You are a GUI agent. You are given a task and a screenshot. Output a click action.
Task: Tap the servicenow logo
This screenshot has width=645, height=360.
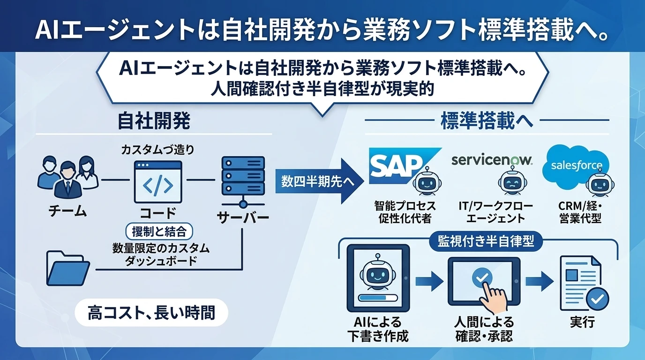[x=492, y=160]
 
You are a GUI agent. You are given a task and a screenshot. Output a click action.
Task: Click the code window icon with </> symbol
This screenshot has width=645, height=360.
[x=157, y=181]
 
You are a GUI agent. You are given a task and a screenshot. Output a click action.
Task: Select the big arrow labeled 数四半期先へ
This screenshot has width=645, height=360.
[x=319, y=181]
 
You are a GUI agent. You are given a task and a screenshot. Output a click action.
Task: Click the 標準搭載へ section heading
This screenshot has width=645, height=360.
[x=487, y=121]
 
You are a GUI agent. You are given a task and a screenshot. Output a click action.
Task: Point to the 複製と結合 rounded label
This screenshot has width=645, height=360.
[x=159, y=232]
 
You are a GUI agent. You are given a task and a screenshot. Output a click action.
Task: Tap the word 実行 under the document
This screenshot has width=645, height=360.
[x=582, y=324]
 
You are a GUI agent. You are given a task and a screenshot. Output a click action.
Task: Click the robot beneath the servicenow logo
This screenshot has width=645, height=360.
[x=510, y=183]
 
